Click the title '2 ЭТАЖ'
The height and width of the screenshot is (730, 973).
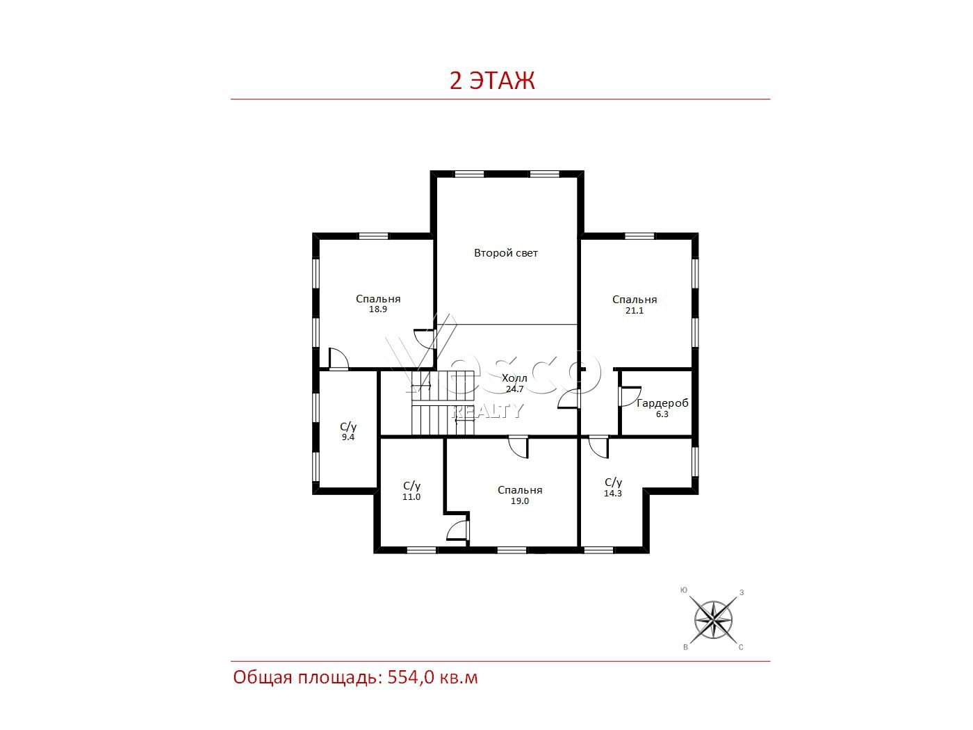491,81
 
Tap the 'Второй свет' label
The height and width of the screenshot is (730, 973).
506,253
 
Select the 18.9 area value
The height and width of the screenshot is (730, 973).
377,309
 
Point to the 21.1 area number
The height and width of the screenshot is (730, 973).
635,310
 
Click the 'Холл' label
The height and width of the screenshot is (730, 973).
514,378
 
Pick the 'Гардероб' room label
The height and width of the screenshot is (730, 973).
662,403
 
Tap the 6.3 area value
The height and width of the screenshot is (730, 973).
662,414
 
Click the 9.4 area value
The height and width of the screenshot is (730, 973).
348,437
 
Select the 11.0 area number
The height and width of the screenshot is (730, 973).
411,497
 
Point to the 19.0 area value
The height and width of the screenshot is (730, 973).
520,501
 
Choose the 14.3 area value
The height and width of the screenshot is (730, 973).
612,494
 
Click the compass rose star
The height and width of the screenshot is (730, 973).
713,620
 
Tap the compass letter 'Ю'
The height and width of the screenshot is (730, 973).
684,590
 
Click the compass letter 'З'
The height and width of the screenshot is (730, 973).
742,592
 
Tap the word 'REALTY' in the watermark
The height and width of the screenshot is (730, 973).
487,411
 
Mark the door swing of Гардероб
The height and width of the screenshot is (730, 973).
630,396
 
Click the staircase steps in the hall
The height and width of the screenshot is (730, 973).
443,403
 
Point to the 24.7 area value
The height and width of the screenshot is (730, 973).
515,389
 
